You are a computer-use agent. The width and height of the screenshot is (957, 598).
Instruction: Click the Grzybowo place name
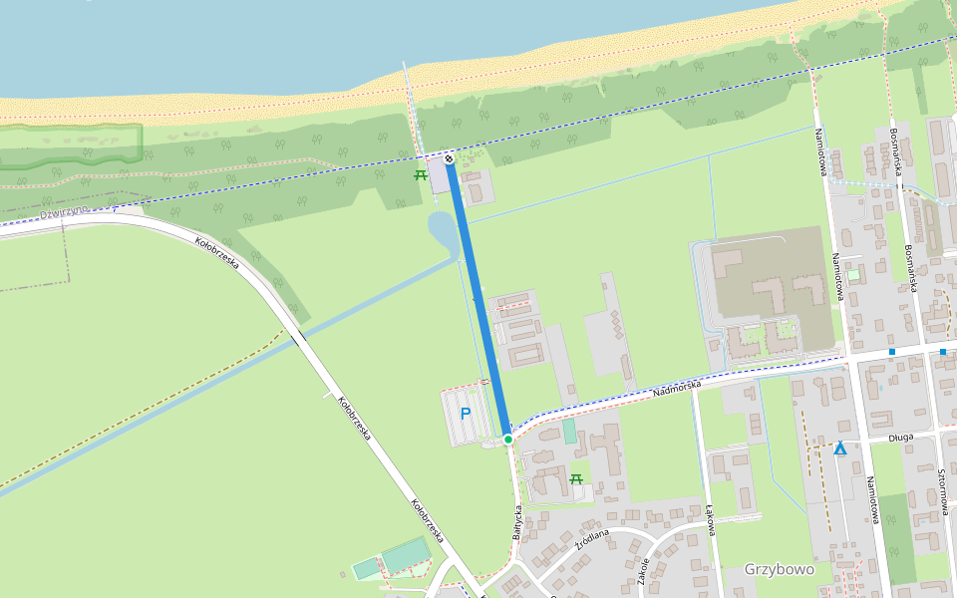[x=779, y=570]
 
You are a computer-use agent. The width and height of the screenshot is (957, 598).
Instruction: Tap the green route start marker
[x=507, y=440]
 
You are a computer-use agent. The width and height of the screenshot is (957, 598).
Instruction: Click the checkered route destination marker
[x=450, y=156]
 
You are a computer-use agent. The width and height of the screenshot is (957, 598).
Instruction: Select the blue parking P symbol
[x=465, y=413]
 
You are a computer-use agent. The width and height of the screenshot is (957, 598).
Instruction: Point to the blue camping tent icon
[x=840, y=448]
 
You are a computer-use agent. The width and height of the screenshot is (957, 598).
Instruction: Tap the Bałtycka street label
[x=517, y=520]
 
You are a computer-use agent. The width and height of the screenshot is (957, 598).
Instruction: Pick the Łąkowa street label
[x=711, y=519]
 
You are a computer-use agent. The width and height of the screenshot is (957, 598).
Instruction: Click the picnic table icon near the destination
[x=421, y=175]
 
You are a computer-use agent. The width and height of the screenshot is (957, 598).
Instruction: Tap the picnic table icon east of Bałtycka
[x=576, y=479]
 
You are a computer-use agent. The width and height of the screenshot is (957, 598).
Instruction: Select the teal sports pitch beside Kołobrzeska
[x=404, y=554]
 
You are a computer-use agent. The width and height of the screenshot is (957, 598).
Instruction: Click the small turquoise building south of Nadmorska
[x=569, y=432]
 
